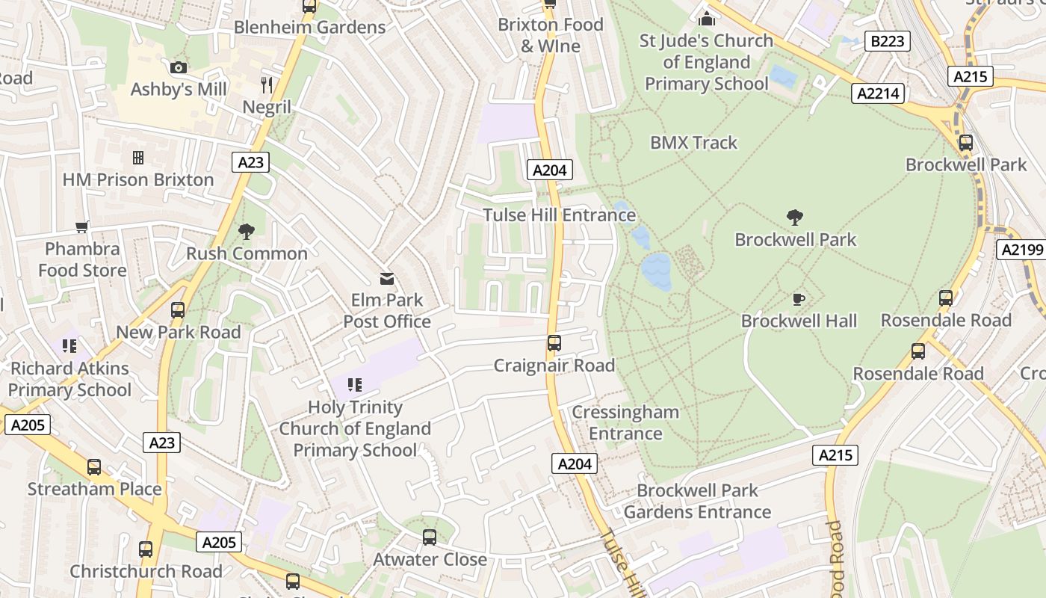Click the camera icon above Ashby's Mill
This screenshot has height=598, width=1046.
178,68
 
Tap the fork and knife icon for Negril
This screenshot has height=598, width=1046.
267,84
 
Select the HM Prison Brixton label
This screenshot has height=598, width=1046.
138,179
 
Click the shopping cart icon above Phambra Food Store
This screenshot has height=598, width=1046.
82,226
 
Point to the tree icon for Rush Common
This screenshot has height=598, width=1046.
246,232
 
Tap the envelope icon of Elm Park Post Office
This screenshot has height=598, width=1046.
387,279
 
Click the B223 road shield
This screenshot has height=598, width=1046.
887,41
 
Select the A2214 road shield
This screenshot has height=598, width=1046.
878,93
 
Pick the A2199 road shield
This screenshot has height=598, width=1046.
1021,250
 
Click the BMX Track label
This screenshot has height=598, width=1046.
693,143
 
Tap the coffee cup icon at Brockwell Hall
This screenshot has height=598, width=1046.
799,300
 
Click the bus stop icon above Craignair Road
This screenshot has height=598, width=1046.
554,343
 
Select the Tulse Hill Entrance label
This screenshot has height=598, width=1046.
559,215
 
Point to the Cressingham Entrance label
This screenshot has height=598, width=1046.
625,422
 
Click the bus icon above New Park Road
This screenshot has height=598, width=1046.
178,310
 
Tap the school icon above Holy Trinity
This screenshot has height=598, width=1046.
355,385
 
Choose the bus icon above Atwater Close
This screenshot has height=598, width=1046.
430,537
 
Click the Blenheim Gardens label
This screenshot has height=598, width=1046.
309,28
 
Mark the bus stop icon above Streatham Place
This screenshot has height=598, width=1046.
94,467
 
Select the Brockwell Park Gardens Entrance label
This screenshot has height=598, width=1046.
697,502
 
